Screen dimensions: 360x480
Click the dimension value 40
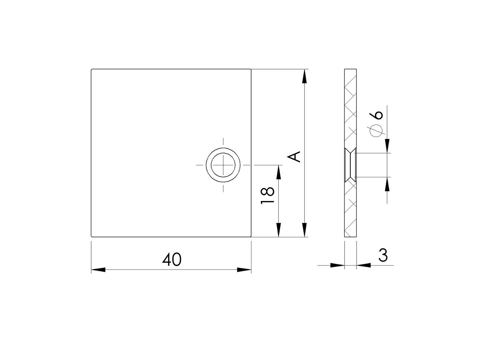pos(172,260)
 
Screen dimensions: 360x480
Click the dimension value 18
pos(268,196)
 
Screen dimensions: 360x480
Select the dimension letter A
pos(295,157)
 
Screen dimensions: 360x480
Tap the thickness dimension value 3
pos(383,255)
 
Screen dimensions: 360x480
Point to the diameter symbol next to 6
pos(376,131)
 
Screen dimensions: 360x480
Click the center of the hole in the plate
pos(223,165)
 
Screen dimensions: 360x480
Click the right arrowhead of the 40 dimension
pos(244,270)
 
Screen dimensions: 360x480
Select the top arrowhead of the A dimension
pos(305,77)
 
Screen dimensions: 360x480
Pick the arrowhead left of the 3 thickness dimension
pos(337,265)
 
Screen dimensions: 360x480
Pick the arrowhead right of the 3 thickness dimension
pos(364,265)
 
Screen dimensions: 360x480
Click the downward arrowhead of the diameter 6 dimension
pos(387,146)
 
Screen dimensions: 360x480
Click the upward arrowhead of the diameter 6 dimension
pos(387,184)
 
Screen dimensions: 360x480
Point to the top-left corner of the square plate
pos(91,69)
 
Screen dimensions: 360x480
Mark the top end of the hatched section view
pos(351,69)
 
